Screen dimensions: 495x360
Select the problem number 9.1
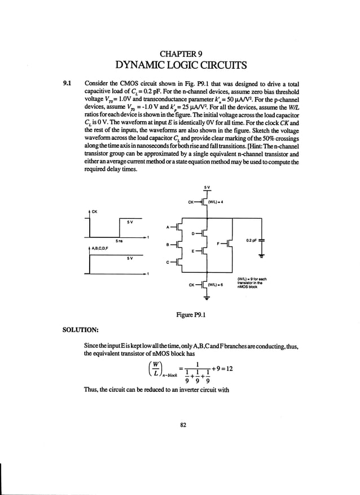(69, 83)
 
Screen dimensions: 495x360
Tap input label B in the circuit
(167, 245)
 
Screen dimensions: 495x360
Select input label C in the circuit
(167, 262)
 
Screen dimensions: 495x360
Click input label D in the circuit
(193, 232)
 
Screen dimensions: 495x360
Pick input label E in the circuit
(193, 251)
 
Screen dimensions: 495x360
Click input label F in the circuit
(218, 244)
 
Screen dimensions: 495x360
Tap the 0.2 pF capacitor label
(252, 240)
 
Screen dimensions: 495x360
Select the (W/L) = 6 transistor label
(216, 285)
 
